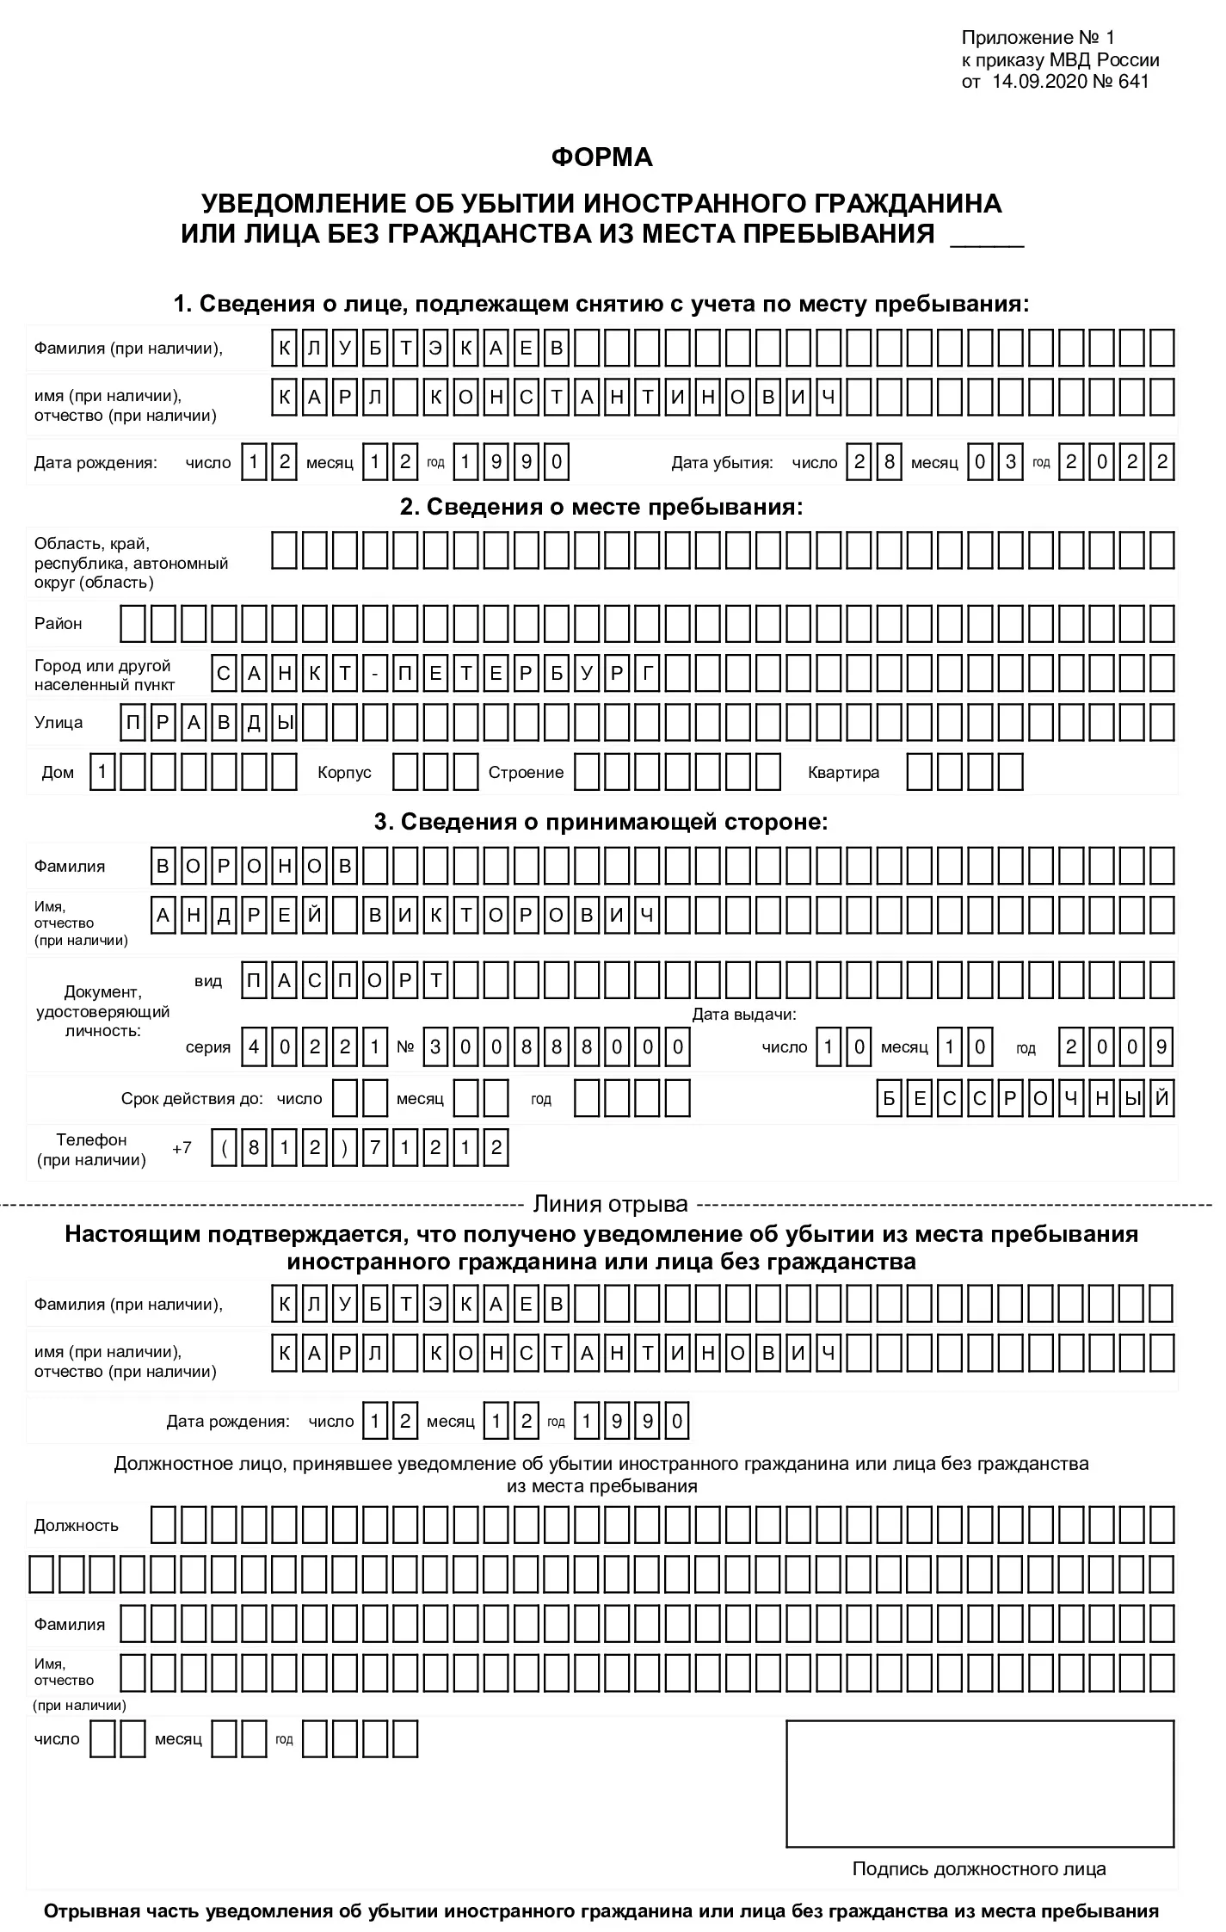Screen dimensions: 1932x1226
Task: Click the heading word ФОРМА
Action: (x=601, y=157)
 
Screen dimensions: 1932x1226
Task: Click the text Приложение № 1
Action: (x=1038, y=38)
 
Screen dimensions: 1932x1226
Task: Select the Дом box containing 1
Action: (x=102, y=772)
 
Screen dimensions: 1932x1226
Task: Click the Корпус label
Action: (x=344, y=773)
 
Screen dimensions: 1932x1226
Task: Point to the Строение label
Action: (x=526, y=773)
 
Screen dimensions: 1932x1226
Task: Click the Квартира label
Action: (x=843, y=773)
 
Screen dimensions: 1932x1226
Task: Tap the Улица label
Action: (x=59, y=722)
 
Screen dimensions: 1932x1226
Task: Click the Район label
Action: (x=59, y=624)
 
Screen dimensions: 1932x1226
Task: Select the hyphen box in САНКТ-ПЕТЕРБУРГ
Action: (x=375, y=674)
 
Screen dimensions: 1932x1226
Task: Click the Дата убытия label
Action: (x=722, y=463)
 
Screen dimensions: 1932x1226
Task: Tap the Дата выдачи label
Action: (x=744, y=1015)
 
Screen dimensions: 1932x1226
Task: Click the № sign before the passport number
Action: (x=405, y=1047)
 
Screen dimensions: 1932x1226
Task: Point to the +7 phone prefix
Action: (x=182, y=1148)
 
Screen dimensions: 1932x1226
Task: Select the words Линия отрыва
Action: (x=611, y=1204)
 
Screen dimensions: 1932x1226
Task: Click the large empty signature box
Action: (x=980, y=1783)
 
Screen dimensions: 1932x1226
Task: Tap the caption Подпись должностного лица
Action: (x=979, y=1868)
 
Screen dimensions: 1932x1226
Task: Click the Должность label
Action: (x=77, y=1526)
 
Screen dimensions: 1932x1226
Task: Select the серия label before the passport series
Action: (x=208, y=1047)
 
